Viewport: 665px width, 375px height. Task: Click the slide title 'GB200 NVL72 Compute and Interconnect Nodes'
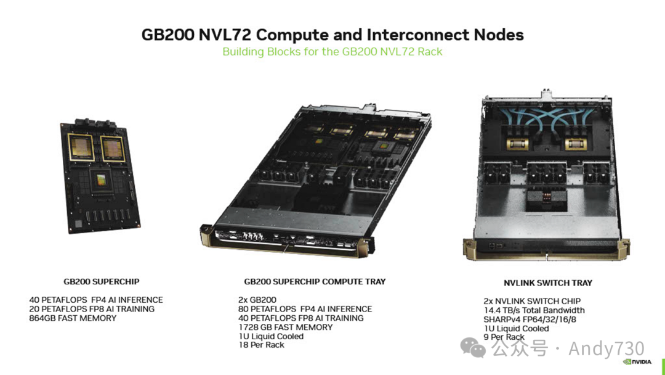pyautogui.click(x=332, y=35)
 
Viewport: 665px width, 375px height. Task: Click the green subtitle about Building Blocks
pyautogui.click(x=332, y=52)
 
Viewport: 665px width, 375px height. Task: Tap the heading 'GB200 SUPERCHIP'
pyautogui.click(x=102, y=282)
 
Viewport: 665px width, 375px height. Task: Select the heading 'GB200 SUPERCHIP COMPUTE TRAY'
pyautogui.click(x=315, y=282)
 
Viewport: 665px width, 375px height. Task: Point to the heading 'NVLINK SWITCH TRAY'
pyautogui.click(x=548, y=283)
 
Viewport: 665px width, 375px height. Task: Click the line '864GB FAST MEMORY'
pyautogui.click(x=73, y=318)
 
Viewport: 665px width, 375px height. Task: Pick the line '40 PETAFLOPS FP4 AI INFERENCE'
pyautogui.click(x=96, y=300)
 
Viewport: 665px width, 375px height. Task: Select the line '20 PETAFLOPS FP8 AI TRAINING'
pyautogui.click(x=92, y=309)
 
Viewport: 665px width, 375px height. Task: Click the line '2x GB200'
pyautogui.click(x=257, y=300)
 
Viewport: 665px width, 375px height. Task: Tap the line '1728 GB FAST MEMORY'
pyautogui.click(x=286, y=328)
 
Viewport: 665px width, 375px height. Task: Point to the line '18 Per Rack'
pyautogui.click(x=261, y=345)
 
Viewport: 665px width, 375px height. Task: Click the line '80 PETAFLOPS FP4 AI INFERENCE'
pyautogui.click(x=305, y=309)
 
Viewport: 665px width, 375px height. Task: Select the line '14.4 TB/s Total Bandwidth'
pyautogui.click(x=534, y=310)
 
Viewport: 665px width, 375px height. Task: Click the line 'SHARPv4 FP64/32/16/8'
pyautogui.click(x=530, y=319)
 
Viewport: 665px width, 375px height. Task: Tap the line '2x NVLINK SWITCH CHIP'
pyautogui.click(x=532, y=301)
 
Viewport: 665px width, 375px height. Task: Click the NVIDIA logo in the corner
pyautogui.click(x=637, y=362)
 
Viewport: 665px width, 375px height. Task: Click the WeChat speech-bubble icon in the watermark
pyautogui.click(x=473, y=348)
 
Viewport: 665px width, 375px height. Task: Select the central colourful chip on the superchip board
pyautogui.click(x=101, y=180)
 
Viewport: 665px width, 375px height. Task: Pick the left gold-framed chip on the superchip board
pyautogui.click(x=81, y=148)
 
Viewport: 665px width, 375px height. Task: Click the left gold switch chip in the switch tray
pyautogui.click(x=517, y=144)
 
